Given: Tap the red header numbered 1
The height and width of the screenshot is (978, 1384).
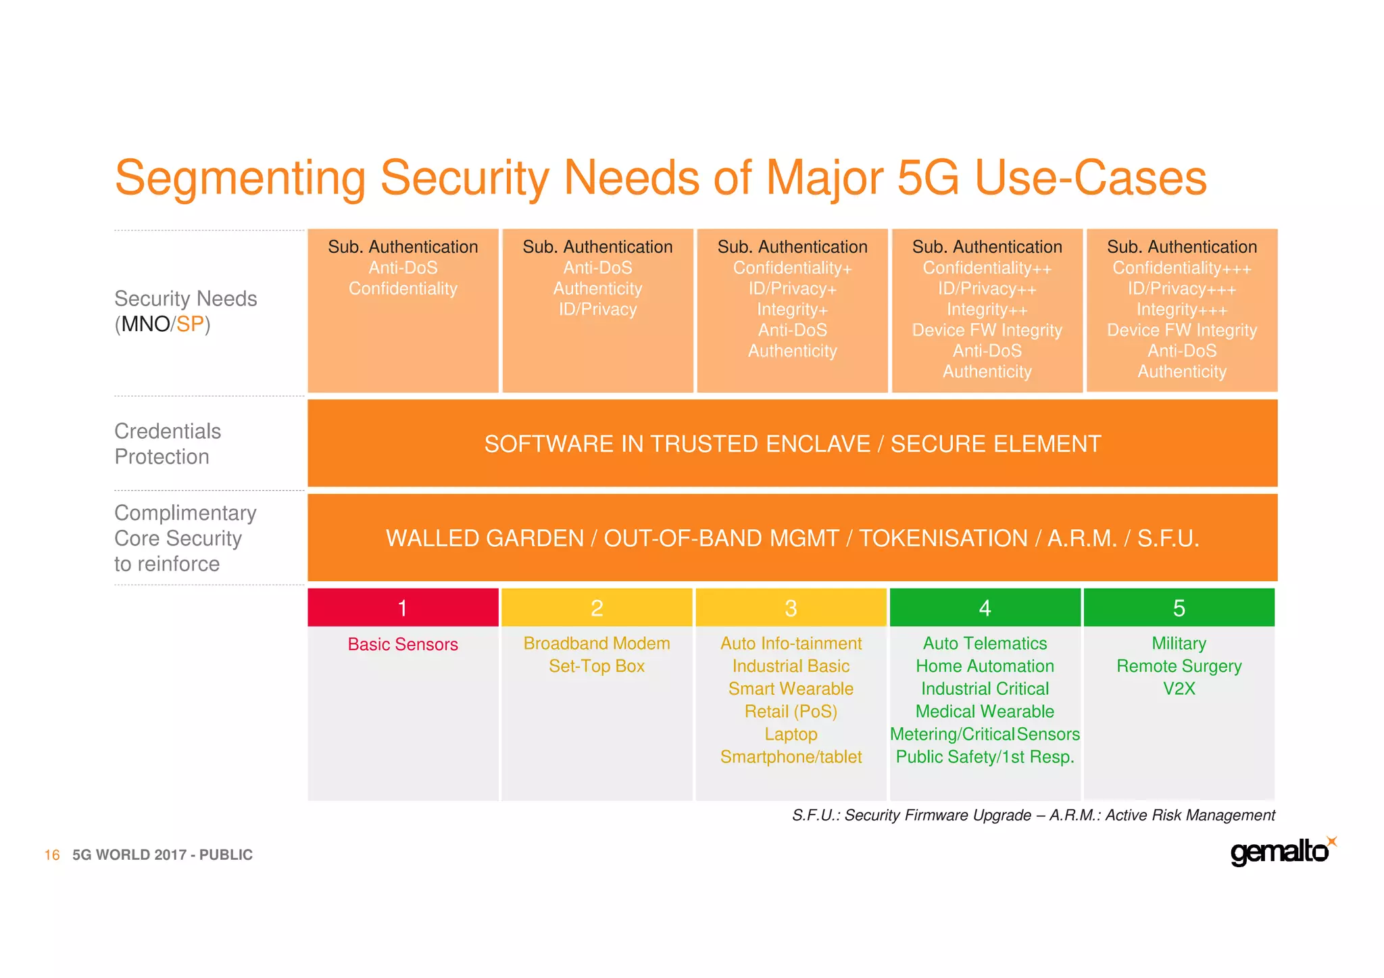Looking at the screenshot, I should point(403,608).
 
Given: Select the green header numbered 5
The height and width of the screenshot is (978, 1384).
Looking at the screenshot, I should point(1179,608).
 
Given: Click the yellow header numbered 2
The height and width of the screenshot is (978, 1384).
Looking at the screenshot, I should point(597,608).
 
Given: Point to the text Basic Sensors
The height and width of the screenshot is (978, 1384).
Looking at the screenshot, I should point(403,644).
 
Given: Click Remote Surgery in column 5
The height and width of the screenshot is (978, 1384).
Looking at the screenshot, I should point(1179,666).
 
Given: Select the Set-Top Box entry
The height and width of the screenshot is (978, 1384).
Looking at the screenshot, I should point(597,666).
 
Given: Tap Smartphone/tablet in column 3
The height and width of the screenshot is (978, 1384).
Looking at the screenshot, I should point(791,757).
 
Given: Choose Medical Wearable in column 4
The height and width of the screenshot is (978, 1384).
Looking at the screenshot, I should point(985,712).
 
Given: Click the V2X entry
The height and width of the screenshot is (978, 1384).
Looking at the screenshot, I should point(1179,689).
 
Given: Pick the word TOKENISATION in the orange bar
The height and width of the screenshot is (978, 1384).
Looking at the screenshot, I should point(943,539).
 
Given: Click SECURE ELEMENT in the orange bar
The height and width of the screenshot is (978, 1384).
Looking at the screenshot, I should point(995,444).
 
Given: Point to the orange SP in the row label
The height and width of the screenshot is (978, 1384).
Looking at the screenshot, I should point(190,324).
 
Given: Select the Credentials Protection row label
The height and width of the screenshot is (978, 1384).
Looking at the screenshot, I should point(168,444).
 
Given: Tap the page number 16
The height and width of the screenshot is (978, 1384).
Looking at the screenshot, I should point(52,855).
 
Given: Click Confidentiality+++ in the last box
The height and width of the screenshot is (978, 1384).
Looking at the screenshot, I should point(1182,268).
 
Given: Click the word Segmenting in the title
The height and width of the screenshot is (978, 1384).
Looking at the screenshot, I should point(240,178).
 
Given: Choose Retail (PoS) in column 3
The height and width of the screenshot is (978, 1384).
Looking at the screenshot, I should point(791,712).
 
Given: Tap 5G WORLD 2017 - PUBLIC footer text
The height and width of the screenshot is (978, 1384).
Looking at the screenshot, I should point(162,855).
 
